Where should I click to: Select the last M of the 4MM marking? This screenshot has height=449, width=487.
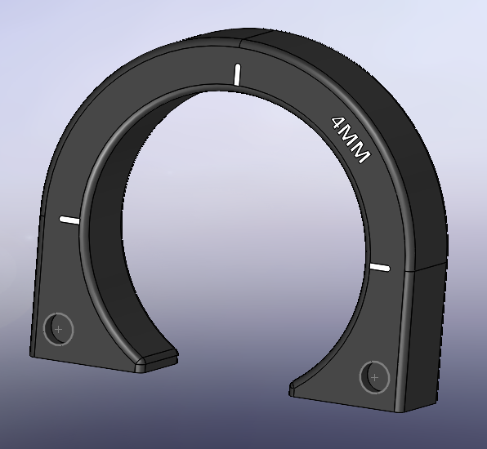click(360, 153)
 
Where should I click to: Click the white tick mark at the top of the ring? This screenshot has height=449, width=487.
click(237, 73)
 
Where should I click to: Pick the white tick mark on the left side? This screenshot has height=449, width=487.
click(69, 220)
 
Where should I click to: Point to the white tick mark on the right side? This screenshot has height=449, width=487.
click(380, 267)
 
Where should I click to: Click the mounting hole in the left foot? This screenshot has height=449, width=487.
click(58, 329)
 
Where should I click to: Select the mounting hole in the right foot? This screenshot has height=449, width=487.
click(374, 377)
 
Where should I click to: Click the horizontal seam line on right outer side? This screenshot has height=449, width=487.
click(429, 265)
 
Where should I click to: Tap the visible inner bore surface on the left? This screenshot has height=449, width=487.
click(106, 245)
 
